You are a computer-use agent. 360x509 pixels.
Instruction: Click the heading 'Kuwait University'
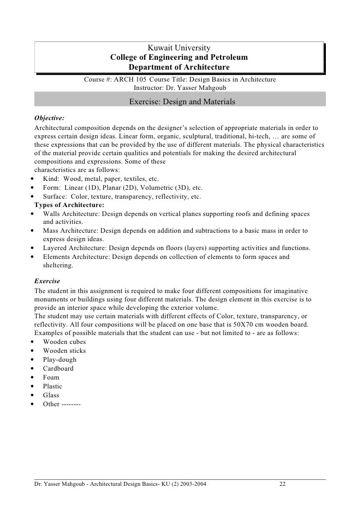(179, 48)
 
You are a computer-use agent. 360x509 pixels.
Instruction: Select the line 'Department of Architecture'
(179, 67)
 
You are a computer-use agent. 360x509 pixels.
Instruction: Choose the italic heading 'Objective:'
(49, 119)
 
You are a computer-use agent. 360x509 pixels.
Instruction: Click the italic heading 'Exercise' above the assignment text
(47, 281)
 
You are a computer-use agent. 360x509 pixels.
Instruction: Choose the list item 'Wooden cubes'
(64, 342)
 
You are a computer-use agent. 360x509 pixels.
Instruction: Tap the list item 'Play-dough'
(60, 360)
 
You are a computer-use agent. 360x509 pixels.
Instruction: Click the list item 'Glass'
(51, 395)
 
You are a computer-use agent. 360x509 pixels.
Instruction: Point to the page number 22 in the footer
(282, 484)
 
